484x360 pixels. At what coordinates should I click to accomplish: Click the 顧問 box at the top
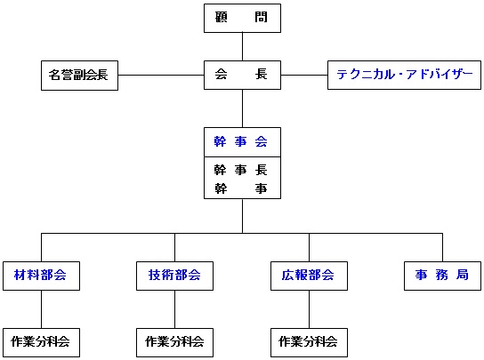[242, 18]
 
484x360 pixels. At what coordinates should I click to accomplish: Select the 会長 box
[242, 75]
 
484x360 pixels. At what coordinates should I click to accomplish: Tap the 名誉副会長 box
[80, 76]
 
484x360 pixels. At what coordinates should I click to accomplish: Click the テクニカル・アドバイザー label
[404, 75]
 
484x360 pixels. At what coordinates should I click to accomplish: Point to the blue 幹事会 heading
[240, 142]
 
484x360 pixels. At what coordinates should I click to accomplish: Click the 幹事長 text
[240, 170]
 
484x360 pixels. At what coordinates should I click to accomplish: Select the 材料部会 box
[41, 276]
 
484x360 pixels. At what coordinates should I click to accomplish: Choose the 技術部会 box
[174, 276]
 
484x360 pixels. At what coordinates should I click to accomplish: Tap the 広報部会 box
[309, 276]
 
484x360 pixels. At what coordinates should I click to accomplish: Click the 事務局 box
[443, 276]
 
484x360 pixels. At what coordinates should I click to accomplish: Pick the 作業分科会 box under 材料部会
[41, 342]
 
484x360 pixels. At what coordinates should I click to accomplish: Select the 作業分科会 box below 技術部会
[174, 342]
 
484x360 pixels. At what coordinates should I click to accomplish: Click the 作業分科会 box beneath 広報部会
[309, 342]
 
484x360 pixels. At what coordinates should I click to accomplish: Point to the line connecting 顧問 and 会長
[242, 46]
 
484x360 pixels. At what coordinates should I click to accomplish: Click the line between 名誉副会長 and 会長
[161, 75]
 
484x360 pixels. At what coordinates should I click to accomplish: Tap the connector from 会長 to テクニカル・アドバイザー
[304, 75]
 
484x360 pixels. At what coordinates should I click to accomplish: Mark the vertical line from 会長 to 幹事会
[242, 108]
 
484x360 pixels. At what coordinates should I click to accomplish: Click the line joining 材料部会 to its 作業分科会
[41, 309]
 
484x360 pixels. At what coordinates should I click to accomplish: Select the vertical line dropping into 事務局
[443, 247]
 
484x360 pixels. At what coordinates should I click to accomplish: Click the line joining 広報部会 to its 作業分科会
[309, 309]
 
